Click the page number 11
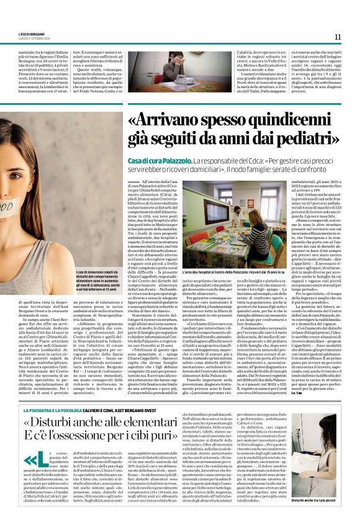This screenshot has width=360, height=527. tap(338, 37)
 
